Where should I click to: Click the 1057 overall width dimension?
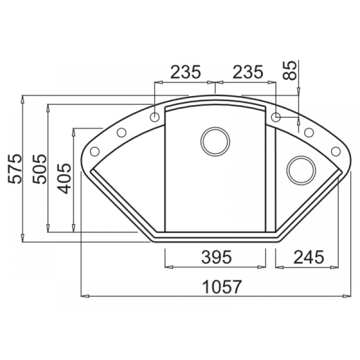click(x=222, y=287)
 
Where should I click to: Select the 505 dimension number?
click(x=40, y=169)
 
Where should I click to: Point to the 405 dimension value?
click(x=64, y=179)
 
